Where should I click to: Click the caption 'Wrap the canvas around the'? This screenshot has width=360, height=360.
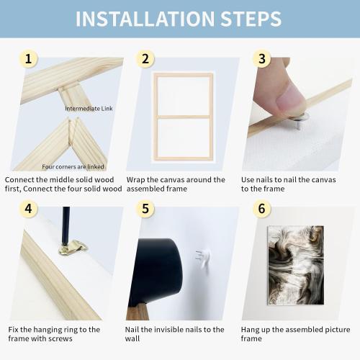176,179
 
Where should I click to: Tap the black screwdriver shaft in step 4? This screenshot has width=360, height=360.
66,224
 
